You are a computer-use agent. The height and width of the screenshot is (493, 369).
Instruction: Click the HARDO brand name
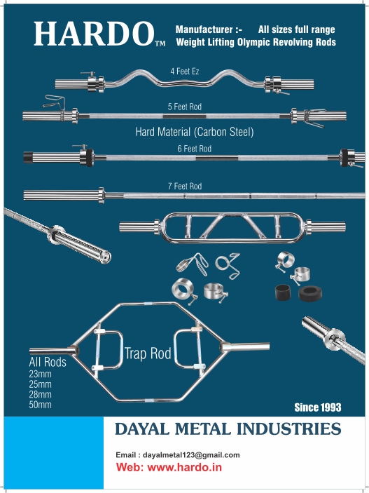[x=94, y=34]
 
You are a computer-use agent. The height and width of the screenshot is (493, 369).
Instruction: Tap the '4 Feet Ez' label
[x=185, y=72]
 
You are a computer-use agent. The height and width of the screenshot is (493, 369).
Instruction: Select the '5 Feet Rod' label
[x=185, y=107]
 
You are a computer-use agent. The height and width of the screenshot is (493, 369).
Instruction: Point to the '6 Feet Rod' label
[x=195, y=149]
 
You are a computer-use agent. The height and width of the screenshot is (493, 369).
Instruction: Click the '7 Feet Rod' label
[x=185, y=187]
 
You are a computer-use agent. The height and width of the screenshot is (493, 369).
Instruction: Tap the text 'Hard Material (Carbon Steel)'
[x=195, y=132]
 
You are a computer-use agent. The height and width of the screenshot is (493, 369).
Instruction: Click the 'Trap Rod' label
[x=148, y=353]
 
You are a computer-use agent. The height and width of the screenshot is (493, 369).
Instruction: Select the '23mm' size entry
[x=40, y=374]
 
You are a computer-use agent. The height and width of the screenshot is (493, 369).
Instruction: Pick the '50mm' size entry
[x=40, y=405]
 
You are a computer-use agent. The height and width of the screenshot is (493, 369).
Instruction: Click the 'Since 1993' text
[x=318, y=407]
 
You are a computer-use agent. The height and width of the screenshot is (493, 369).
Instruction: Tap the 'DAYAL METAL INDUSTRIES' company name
[x=228, y=429]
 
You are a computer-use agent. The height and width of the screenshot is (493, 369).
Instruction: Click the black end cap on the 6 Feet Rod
[x=28, y=158]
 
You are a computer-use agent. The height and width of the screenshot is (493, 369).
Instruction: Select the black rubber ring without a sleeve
[x=310, y=293]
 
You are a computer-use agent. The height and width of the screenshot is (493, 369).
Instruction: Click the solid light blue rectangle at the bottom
[x=54, y=452]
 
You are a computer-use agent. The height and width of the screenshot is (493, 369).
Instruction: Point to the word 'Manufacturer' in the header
[x=204, y=29]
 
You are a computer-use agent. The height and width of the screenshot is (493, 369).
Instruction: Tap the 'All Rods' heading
[x=48, y=362]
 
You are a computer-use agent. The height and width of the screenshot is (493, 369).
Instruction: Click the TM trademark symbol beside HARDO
[x=160, y=43]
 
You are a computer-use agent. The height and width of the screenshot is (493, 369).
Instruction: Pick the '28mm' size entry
[x=40, y=395]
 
